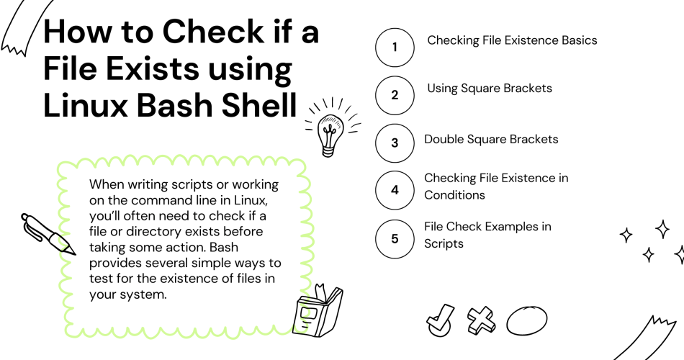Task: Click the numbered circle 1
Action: [395, 48]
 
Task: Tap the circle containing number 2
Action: [395, 95]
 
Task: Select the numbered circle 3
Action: [395, 143]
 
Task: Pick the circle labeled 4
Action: [395, 190]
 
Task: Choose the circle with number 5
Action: [395, 238]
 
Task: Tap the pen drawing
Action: [48, 235]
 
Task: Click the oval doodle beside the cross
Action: [526, 319]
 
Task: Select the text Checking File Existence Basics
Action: [512, 40]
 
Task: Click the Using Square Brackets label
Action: [490, 89]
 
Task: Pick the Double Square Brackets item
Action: [491, 140]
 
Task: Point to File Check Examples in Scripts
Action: [487, 235]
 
